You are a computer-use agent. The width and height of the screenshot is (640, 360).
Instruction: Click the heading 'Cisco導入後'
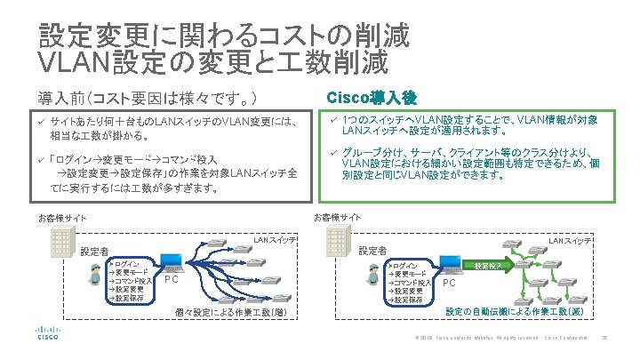(367, 96)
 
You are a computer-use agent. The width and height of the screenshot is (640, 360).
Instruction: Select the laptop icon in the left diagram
(172, 263)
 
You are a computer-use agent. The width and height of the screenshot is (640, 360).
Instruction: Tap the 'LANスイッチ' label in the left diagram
(275, 240)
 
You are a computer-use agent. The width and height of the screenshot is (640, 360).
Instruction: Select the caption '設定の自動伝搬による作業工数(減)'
(514, 312)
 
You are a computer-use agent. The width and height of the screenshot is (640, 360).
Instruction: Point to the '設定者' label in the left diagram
(94, 252)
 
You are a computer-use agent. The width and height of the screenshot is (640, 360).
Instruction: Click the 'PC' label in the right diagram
(449, 284)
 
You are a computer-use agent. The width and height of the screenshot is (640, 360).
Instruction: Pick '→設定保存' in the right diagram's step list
(404, 300)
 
